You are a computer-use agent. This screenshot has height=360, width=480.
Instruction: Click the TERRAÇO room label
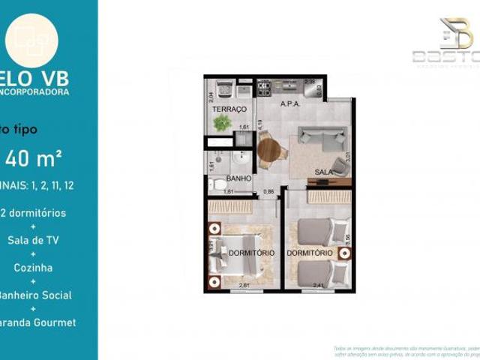pyautogui.click(x=229, y=109)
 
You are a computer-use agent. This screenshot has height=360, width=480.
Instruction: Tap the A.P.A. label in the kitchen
pyautogui.click(x=289, y=105)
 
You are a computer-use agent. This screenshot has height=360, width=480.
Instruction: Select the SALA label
pyautogui.click(x=324, y=172)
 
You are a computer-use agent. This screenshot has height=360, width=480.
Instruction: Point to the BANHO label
pyautogui.click(x=239, y=178)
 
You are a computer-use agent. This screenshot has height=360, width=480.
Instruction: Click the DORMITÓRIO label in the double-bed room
pyautogui.click(x=250, y=253)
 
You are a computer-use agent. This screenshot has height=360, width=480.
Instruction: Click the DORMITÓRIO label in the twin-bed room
pyautogui.click(x=309, y=253)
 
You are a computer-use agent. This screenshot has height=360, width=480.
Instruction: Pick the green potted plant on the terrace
pyautogui.click(x=222, y=124)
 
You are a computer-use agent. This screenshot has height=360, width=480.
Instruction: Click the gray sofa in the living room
pyautogui.click(x=322, y=136)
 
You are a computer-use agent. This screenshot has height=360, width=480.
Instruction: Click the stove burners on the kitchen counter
pyautogui.click(x=265, y=88)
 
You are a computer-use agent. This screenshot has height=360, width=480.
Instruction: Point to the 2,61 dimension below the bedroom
pyautogui.click(x=244, y=285)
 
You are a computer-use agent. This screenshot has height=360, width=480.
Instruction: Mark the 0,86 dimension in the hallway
pyautogui.click(x=268, y=192)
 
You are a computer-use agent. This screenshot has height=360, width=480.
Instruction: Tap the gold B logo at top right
pyautogui.click(x=456, y=33)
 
